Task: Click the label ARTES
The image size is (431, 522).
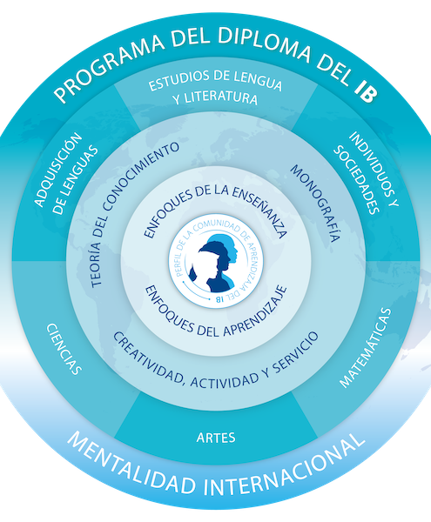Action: pos(216,438)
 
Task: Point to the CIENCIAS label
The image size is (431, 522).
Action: pos(64,349)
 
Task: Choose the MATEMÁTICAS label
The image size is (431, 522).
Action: pos(365,348)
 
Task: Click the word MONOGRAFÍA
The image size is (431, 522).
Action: pos(315,203)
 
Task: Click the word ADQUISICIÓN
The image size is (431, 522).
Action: pos(58,170)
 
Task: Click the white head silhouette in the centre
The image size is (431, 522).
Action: pos(204,267)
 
